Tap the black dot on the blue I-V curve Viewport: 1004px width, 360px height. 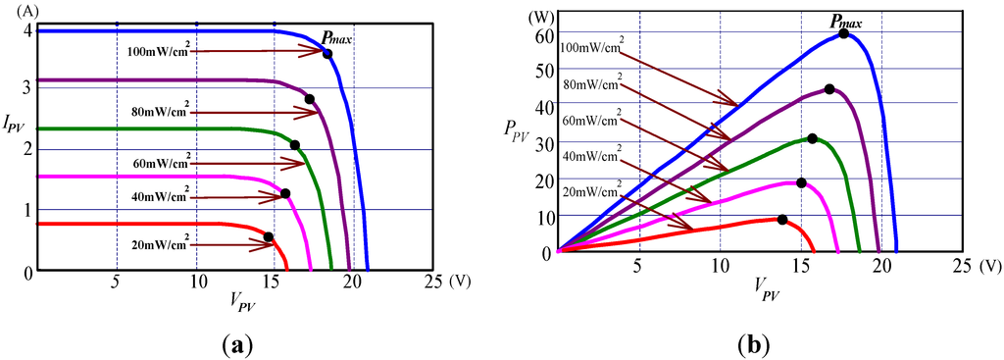pos(327,53)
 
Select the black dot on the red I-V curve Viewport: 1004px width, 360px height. pos(269,236)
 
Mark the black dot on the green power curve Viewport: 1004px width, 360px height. pos(812,138)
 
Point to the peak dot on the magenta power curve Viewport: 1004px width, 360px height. pos(801,182)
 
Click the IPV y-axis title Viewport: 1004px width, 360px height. pos(15,124)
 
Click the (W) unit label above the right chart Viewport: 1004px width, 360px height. pos(538,16)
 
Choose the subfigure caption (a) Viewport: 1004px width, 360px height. pos(238,344)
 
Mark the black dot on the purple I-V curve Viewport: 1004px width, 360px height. pos(310,99)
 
